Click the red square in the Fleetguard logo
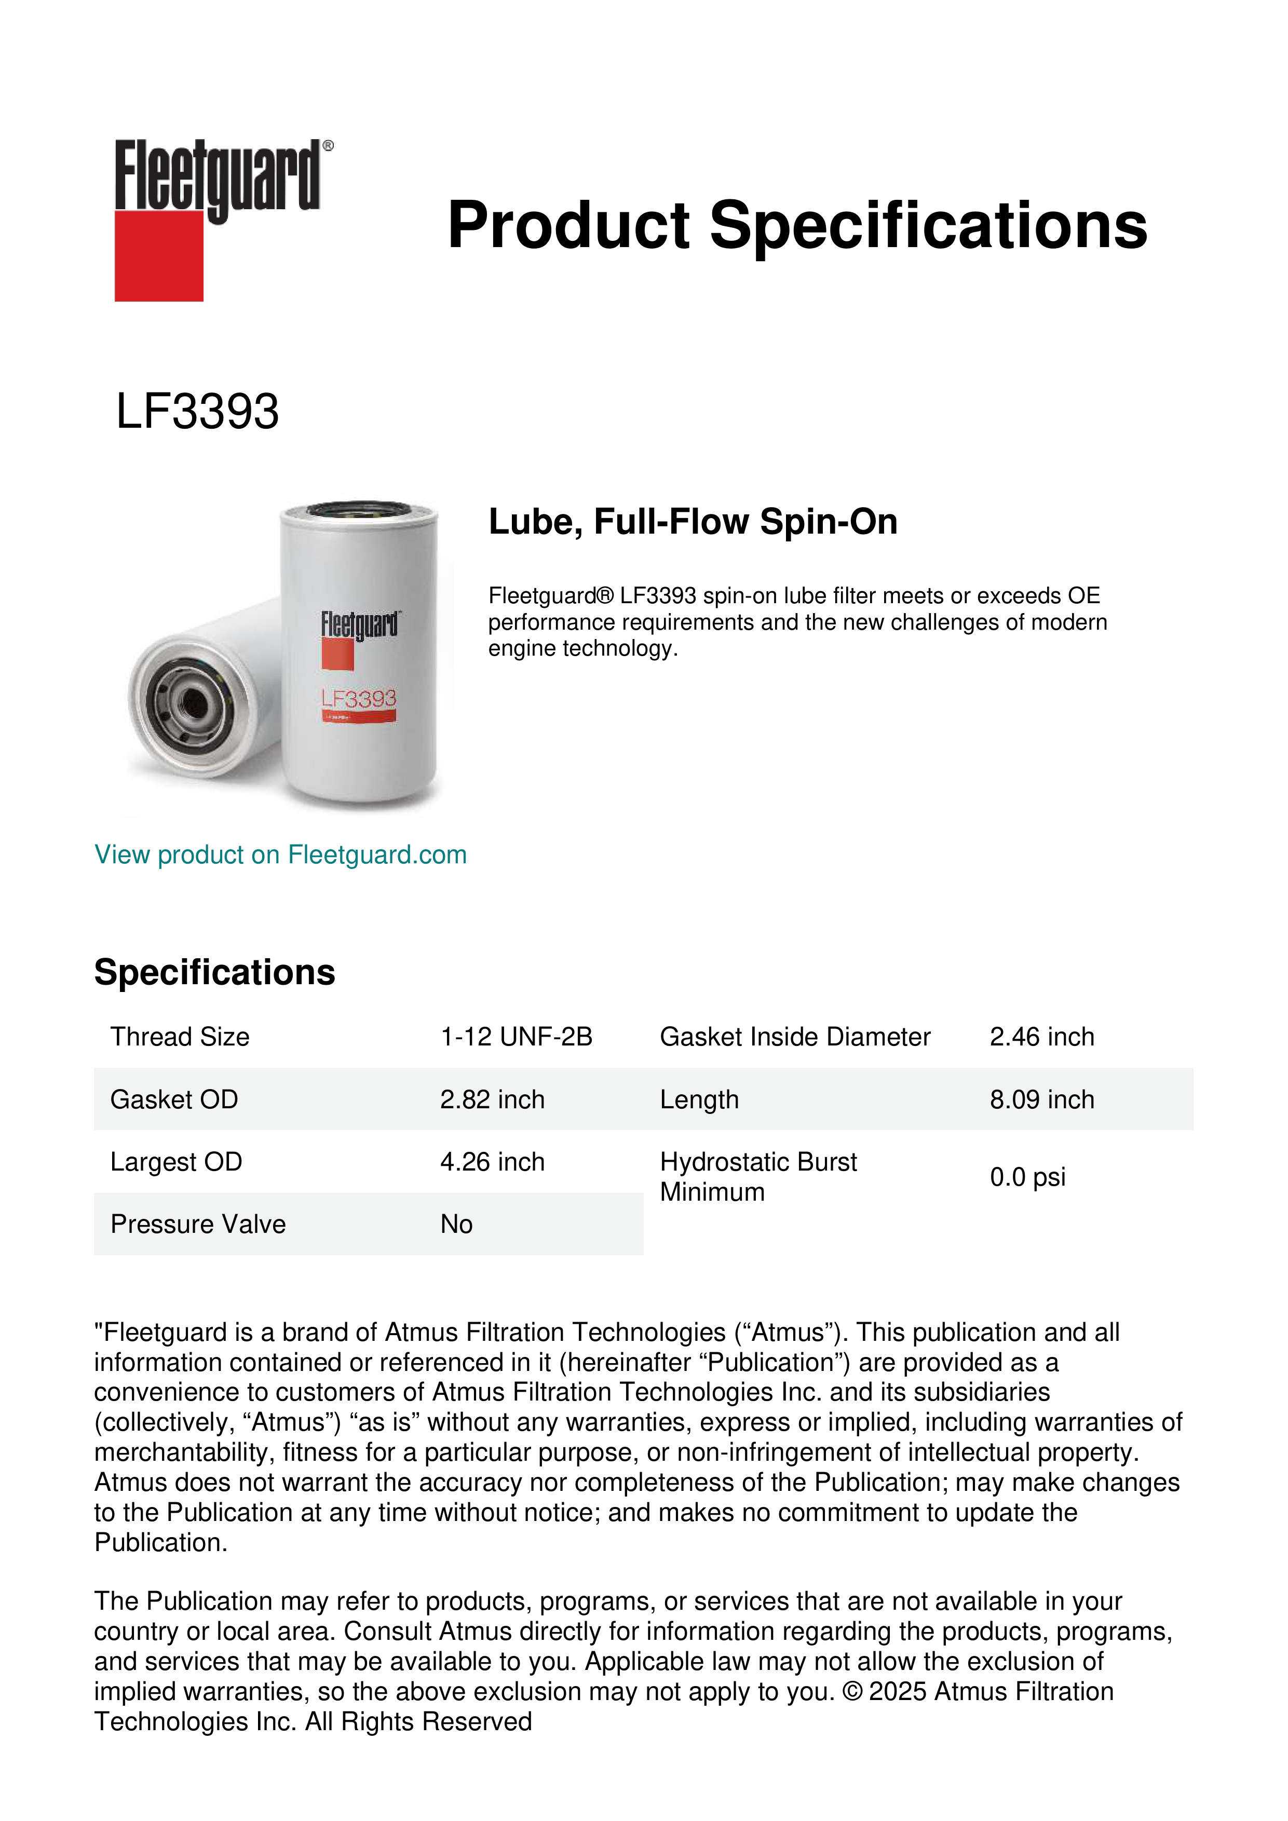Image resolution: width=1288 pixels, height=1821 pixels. click(159, 255)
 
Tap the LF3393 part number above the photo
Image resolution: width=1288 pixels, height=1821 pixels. click(197, 412)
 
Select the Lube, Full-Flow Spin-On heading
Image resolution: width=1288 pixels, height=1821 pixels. click(693, 522)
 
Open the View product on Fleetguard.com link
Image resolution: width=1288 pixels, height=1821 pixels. click(280, 854)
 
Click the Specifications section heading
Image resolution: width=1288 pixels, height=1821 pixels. click(214, 972)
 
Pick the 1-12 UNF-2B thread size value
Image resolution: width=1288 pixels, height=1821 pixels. click(517, 1037)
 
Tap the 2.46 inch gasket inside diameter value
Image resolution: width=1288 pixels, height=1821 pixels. click(1041, 1037)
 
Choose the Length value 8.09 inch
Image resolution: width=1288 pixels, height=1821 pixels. click(1041, 1099)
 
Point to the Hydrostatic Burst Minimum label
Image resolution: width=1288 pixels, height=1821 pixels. click(757, 1177)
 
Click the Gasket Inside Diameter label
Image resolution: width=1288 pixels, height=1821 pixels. click(795, 1037)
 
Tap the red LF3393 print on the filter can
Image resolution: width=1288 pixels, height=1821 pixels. click(359, 699)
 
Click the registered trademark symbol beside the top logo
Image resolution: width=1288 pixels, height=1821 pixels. click(328, 146)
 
